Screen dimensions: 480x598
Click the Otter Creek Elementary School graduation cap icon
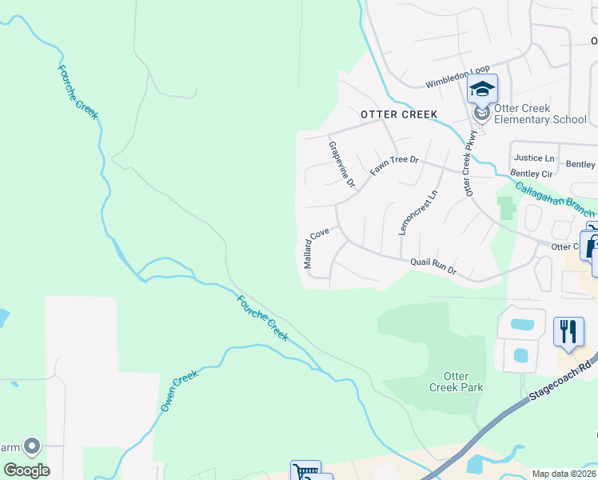click(482, 88)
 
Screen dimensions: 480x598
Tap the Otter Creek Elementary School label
click(540, 114)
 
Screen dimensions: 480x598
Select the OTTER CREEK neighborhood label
click(399, 114)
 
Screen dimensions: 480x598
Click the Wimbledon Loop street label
click(457, 77)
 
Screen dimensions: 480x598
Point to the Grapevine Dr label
click(341, 164)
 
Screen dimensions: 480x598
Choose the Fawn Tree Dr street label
click(395, 166)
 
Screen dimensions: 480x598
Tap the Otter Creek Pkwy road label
click(469, 165)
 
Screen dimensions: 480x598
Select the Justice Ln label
click(535, 158)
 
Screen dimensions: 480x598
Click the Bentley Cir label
click(531, 173)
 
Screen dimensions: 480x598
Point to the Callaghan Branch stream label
click(554, 200)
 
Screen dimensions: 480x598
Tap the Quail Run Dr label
click(433, 266)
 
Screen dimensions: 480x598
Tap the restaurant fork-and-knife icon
click(568, 330)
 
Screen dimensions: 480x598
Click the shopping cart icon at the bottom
click(305, 472)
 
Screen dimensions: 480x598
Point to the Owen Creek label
click(179, 390)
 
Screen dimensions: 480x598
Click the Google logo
click(26, 470)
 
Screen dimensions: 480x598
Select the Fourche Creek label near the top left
click(78, 92)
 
